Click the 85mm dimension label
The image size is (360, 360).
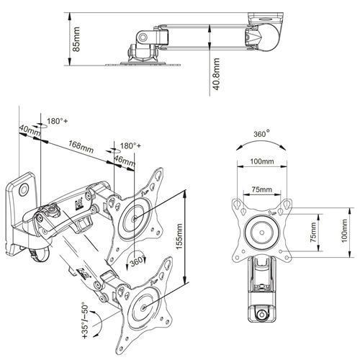point(76,39)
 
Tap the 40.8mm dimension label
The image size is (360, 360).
point(217,74)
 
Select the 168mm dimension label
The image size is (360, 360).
point(81,147)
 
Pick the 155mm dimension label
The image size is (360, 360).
point(179,236)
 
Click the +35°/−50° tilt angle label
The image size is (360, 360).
point(86,322)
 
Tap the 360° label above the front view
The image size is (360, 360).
point(261,133)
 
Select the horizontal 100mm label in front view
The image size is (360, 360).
point(262,161)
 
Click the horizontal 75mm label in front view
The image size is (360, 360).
point(262,189)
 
